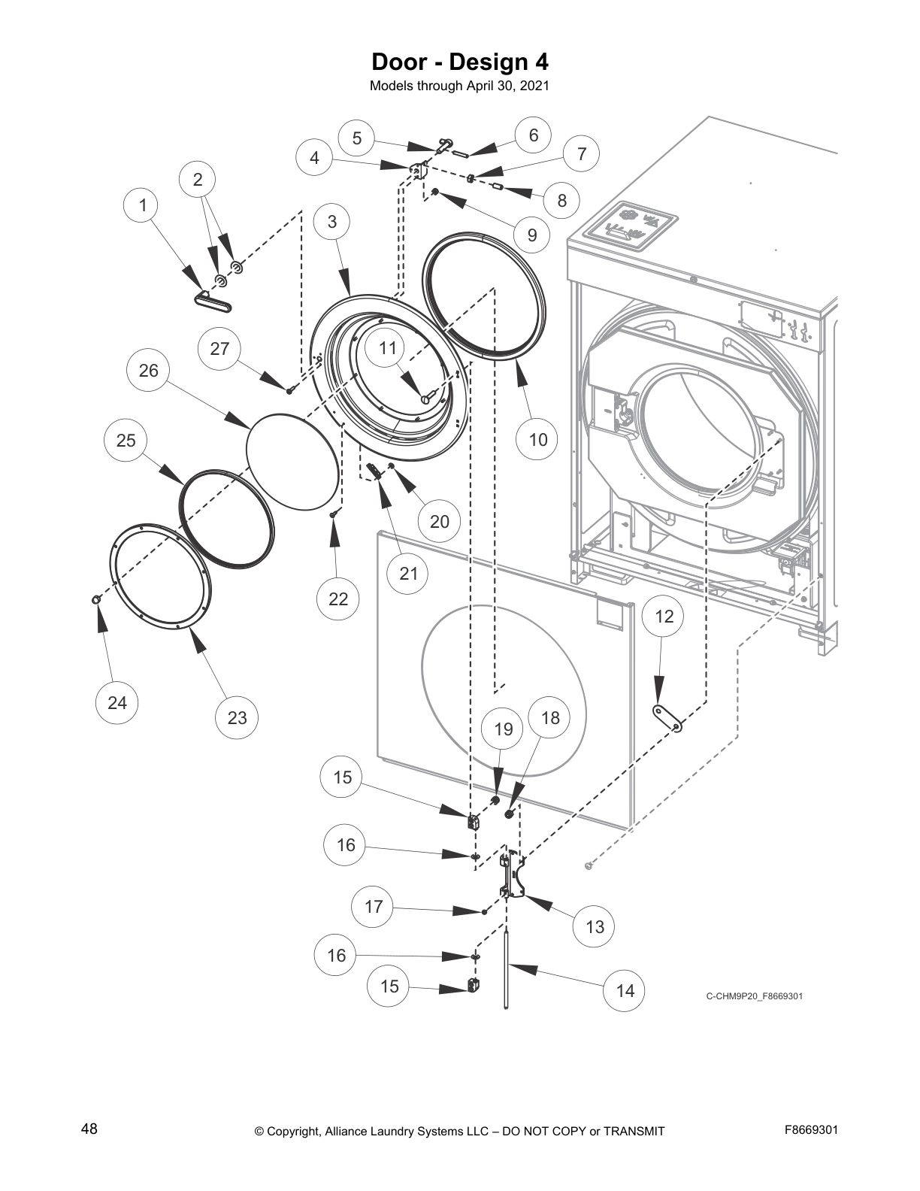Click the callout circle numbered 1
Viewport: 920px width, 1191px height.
pyautogui.click(x=144, y=205)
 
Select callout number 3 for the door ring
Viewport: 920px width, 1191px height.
pyautogui.click(x=333, y=221)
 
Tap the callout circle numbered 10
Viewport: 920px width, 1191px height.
pyautogui.click(x=538, y=439)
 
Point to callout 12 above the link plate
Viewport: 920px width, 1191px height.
pyautogui.click(x=664, y=617)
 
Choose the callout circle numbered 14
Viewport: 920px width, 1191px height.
pyautogui.click(x=625, y=990)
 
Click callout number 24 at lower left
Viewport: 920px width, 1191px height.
pyautogui.click(x=117, y=702)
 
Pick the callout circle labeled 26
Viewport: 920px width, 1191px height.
pyautogui.click(x=149, y=370)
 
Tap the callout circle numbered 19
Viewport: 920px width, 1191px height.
pyautogui.click(x=504, y=729)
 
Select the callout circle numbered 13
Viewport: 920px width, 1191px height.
pyautogui.click(x=595, y=926)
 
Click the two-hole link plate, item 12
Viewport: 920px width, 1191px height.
pyautogui.click(x=667, y=717)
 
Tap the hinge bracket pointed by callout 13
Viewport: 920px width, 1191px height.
pyautogui.click(x=513, y=876)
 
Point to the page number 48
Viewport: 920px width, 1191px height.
pyautogui.click(x=89, y=1129)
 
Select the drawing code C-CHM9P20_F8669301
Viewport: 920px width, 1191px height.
pyautogui.click(x=755, y=997)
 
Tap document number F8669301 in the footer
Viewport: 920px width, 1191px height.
pyautogui.click(x=811, y=1129)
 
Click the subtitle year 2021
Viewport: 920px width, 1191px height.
pyautogui.click(x=534, y=86)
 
